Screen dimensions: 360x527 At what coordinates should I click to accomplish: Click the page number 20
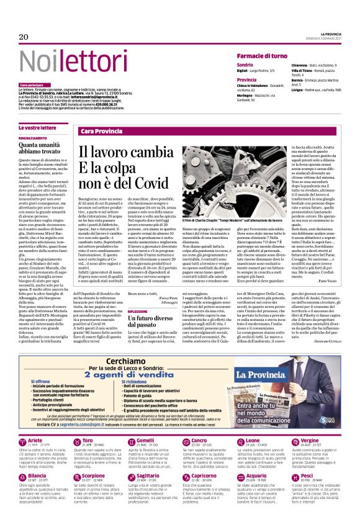pyautogui.click(x=24, y=37)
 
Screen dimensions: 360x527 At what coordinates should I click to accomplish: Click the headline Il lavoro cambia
pyautogui.click(x=121, y=153)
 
